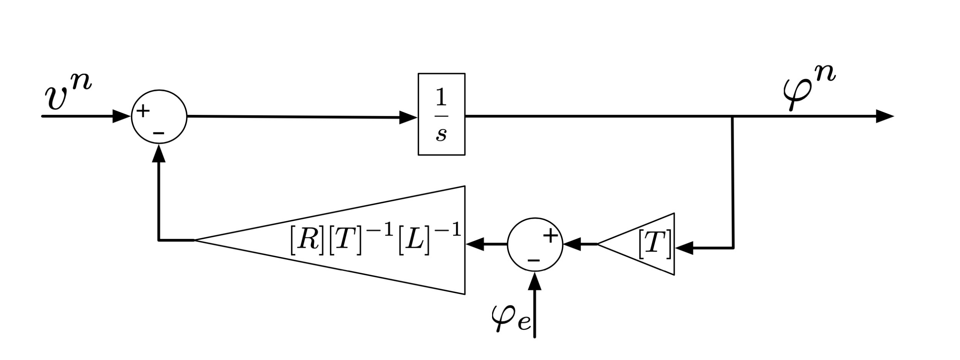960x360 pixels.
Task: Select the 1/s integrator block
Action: click(x=441, y=114)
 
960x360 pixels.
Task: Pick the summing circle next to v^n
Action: click(x=159, y=116)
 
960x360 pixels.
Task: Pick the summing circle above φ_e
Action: click(x=535, y=244)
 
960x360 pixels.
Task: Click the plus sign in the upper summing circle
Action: click(x=143, y=111)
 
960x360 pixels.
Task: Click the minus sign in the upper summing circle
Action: click(x=159, y=133)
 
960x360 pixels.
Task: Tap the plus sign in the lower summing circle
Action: click(x=551, y=235)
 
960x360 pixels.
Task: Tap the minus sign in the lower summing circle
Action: click(x=533, y=259)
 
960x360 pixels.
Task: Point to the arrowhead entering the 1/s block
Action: click(x=408, y=117)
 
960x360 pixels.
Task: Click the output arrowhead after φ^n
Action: click(x=884, y=116)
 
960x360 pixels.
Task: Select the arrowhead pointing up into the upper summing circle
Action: click(x=159, y=154)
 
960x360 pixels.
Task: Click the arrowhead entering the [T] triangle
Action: click(x=685, y=248)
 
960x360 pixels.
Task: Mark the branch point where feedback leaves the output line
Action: click(x=732, y=116)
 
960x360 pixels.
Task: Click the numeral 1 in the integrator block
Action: click(x=441, y=98)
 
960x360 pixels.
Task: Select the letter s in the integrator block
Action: click(x=441, y=134)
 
